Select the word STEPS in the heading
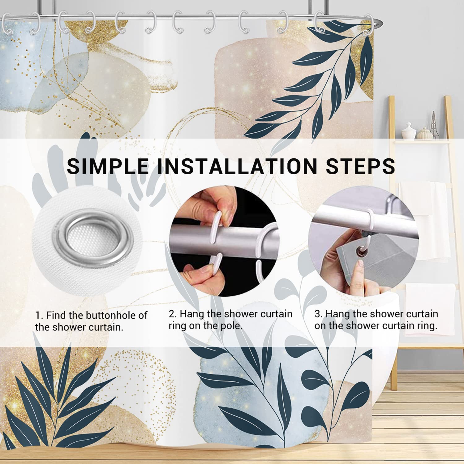[x=356, y=166]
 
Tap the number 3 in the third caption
[x=318, y=314]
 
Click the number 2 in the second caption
[x=172, y=314]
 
